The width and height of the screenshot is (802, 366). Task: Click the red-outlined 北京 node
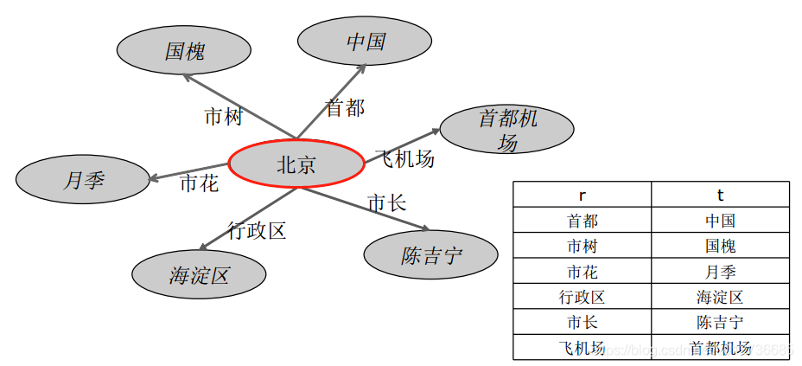click(296, 164)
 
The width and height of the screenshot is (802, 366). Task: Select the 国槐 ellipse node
click(185, 51)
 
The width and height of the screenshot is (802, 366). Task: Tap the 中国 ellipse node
click(365, 42)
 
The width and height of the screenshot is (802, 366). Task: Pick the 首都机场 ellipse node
click(507, 131)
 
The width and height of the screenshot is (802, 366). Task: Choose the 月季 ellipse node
click(83, 180)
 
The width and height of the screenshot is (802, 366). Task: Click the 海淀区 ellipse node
click(199, 275)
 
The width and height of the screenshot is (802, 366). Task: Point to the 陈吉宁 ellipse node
click(430, 255)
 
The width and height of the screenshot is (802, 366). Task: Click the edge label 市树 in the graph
click(223, 117)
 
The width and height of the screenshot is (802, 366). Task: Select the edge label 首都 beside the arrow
click(344, 108)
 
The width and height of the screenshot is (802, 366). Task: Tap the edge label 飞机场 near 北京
click(404, 159)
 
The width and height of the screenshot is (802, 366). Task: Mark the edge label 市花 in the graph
click(199, 183)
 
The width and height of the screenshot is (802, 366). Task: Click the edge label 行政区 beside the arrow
click(257, 230)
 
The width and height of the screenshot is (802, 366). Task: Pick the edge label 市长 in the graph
click(386, 203)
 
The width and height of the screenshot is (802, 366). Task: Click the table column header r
click(582, 195)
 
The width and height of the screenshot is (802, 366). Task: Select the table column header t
click(720, 195)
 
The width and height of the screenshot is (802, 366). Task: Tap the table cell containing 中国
click(720, 221)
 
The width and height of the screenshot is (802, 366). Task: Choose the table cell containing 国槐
click(720, 246)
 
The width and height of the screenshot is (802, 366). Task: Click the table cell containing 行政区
click(582, 297)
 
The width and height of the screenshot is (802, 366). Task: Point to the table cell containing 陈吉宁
click(720, 322)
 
